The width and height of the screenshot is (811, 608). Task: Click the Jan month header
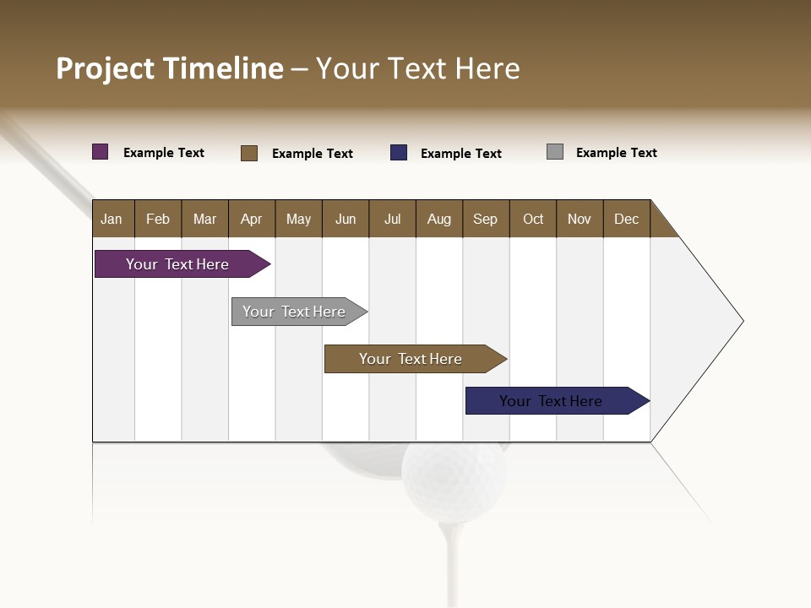click(112, 219)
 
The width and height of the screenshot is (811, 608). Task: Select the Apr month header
click(252, 219)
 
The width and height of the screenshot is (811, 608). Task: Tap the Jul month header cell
click(392, 219)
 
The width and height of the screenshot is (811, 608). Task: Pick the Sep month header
click(486, 219)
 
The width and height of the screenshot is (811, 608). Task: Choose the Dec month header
click(626, 219)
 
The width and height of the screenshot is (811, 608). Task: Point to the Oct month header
click(533, 219)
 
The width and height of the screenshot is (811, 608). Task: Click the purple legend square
click(101, 152)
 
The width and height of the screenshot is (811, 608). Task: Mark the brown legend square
click(249, 153)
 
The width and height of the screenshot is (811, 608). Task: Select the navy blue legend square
click(399, 153)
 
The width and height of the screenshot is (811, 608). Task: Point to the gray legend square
click(555, 152)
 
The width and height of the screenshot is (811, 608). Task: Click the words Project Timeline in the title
click(170, 68)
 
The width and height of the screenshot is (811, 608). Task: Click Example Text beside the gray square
click(616, 153)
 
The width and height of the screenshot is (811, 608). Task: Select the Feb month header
click(158, 219)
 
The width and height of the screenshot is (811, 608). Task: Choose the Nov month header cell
click(580, 219)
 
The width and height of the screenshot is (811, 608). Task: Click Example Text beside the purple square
click(164, 153)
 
